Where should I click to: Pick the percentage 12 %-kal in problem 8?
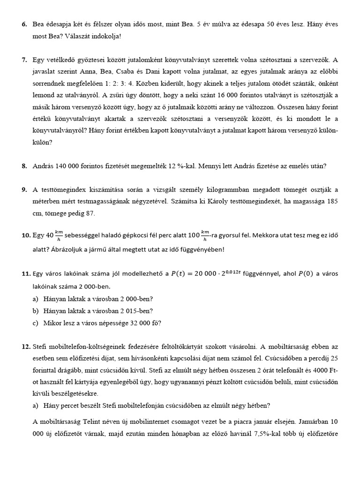(191, 166)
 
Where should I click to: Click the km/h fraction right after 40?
(59, 234)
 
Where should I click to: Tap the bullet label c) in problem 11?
(36, 322)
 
